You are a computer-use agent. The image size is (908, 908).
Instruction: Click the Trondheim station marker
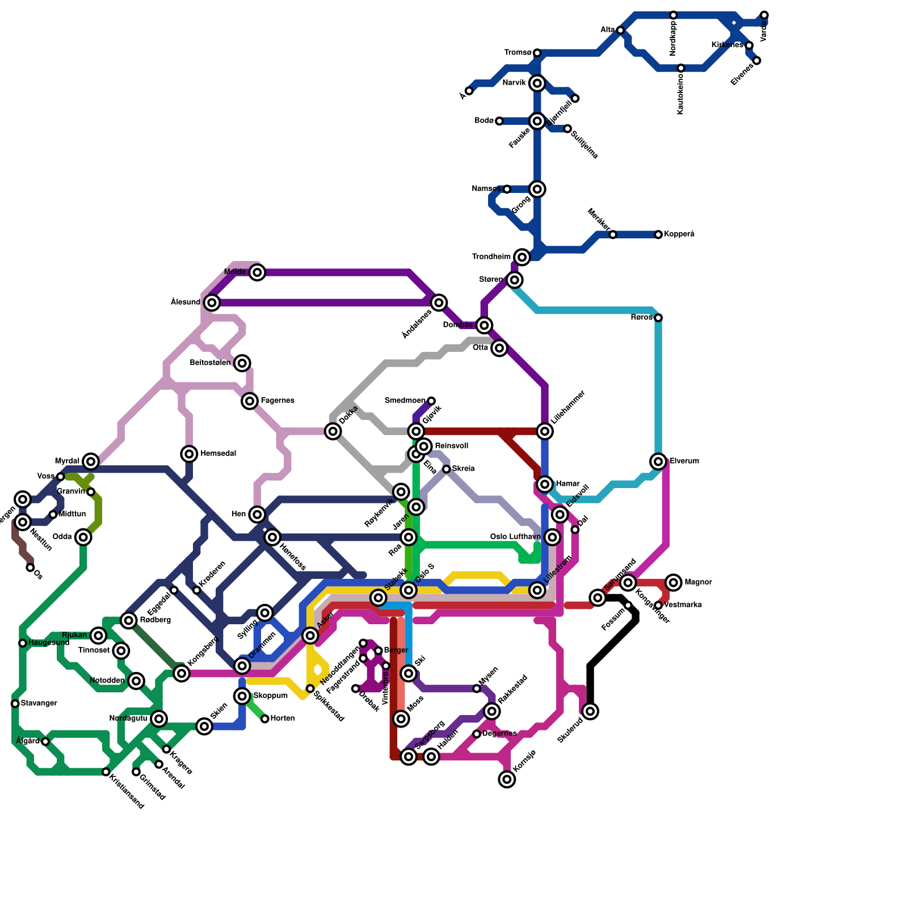tap(522, 257)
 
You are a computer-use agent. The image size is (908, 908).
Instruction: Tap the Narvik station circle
tap(537, 83)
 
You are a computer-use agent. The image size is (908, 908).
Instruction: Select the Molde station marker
tap(258, 272)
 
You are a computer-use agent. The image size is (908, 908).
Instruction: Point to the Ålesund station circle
tap(212, 302)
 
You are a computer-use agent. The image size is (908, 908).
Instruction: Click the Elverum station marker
tap(658, 461)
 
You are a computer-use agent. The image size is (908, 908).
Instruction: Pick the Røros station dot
tap(658, 318)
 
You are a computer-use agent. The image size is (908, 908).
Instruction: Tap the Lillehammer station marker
tap(545, 431)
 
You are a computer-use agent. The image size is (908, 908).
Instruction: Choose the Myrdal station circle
tap(91, 461)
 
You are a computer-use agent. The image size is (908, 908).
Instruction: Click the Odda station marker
tap(83, 537)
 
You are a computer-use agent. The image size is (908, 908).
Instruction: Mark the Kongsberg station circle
tap(182, 674)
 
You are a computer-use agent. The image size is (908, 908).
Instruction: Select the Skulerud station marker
tap(590, 711)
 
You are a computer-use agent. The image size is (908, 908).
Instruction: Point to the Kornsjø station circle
tap(507, 779)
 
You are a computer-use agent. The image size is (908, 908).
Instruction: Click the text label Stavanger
tap(39, 704)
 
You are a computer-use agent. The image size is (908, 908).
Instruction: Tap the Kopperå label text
tap(679, 234)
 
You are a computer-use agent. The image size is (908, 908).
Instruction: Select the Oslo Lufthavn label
tap(515, 537)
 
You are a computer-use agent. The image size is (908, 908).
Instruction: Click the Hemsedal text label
tap(218, 454)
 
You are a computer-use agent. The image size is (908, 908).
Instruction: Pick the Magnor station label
tap(698, 582)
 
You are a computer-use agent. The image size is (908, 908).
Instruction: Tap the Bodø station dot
tap(499, 121)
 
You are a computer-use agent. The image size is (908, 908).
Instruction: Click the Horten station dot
tap(265, 719)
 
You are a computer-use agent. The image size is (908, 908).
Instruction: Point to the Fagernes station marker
tap(250, 401)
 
